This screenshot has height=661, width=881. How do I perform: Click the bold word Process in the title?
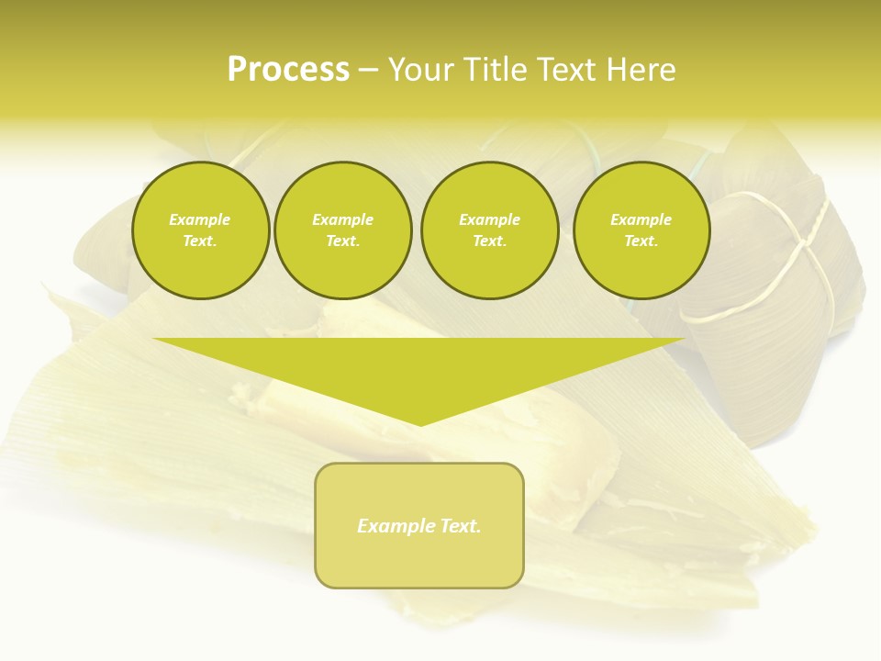pyautogui.click(x=288, y=70)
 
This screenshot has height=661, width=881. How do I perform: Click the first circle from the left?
pyautogui.click(x=200, y=230)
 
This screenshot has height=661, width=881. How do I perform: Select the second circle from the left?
pyautogui.click(x=343, y=230)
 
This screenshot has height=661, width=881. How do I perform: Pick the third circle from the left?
pyautogui.click(x=489, y=230)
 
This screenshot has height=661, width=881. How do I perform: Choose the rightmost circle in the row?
pyautogui.click(x=641, y=230)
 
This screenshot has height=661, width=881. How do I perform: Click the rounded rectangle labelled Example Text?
pyautogui.click(x=419, y=525)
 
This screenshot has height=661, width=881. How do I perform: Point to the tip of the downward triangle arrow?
pyautogui.click(x=421, y=424)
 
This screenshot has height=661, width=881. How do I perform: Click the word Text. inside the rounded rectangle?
pyautogui.click(x=461, y=526)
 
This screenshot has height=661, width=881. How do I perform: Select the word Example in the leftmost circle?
pyautogui.click(x=200, y=220)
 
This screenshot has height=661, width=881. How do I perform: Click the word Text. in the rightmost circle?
pyautogui.click(x=641, y=241)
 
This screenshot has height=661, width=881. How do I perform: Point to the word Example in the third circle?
pyautogui.click(x=489, y=220)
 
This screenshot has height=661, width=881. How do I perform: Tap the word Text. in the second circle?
pyautogui.click(x=343, y=241)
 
